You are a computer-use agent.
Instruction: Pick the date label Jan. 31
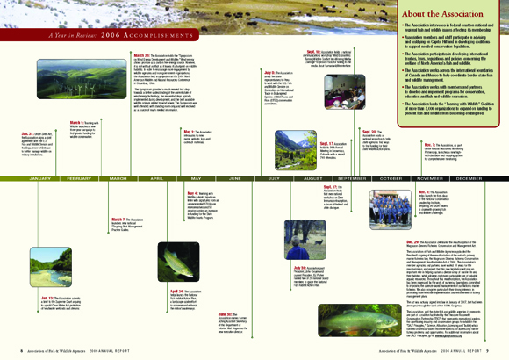coord(25,133)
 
